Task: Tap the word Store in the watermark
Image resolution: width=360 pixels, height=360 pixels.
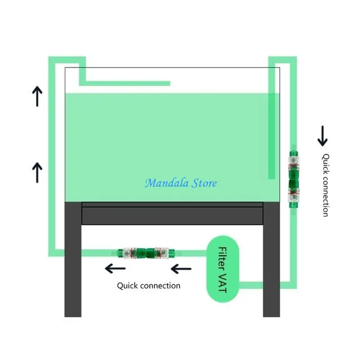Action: point(202,183)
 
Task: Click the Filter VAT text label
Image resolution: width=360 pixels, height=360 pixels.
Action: point(222,269)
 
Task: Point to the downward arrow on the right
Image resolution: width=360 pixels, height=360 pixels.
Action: point(323,136)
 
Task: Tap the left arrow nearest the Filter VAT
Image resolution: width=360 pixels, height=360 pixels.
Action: point(181,269)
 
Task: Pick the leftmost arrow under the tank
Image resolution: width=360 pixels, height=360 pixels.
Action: point(115,269)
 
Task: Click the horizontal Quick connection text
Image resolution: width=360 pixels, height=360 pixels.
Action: point(148,285)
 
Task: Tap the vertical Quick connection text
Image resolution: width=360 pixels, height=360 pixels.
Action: point(325,185)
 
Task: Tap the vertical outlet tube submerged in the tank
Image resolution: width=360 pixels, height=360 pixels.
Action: point(271,135)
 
